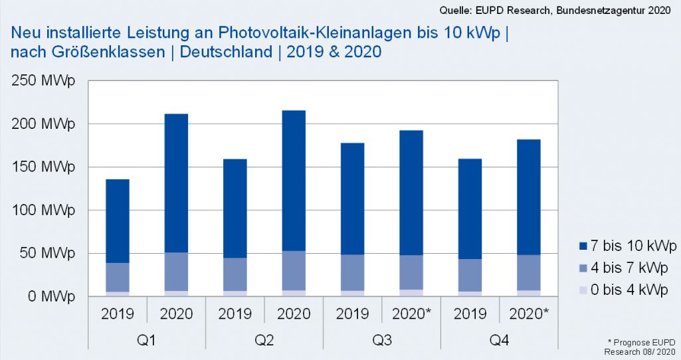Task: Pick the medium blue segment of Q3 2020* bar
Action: tap(411, 272)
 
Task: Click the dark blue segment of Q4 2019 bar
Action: tap(470, 209)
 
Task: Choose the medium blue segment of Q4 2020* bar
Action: tap(528, 272)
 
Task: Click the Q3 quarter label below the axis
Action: tap(381, 339)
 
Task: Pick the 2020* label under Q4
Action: tap(528, 314)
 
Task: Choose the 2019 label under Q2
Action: tap(235, 314)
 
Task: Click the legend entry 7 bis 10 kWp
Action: tap(627, 246)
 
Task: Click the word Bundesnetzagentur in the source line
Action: tap(596, 10)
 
